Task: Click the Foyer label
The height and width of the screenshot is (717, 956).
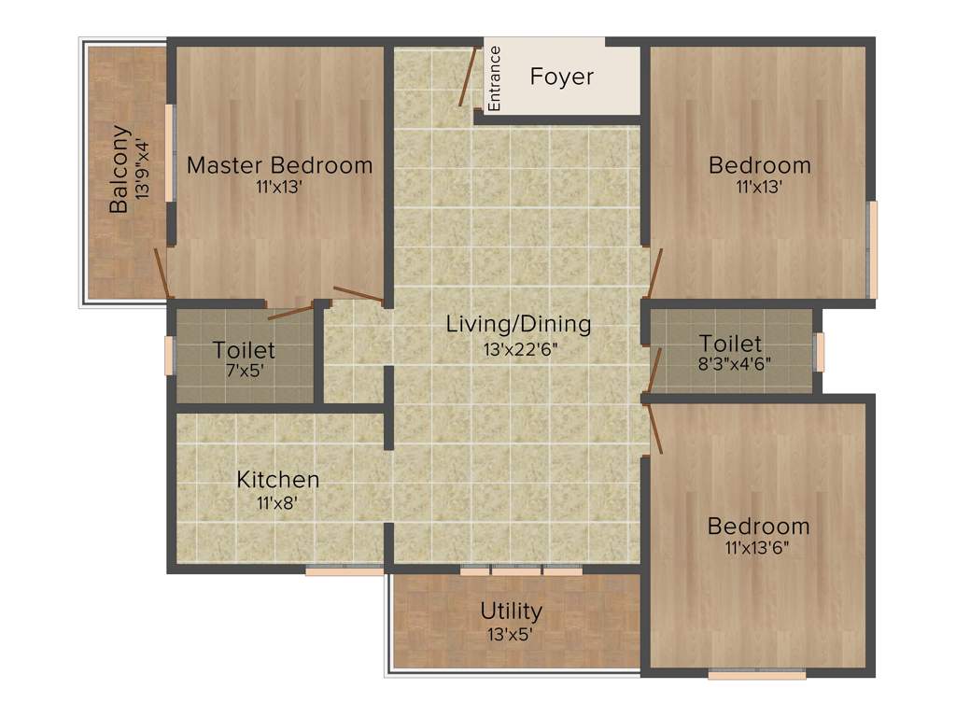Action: (x=561, y=77)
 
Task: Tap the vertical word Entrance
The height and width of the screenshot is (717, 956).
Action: (x=495, y=78)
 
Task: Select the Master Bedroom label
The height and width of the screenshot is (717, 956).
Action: (x=279, y=165)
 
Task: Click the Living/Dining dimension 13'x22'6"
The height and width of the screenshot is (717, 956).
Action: (x=518, y=350)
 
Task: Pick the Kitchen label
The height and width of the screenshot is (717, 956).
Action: (x=277, y=479)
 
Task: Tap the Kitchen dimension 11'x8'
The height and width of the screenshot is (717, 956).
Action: (x=277, y=502)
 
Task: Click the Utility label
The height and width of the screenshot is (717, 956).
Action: (x=511, y=612)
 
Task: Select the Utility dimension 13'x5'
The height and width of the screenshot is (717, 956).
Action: (x=511, y=634)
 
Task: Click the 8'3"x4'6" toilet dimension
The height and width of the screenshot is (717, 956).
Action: (x=730, y=364)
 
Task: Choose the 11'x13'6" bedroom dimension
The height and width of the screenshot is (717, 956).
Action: (x=757, y=548)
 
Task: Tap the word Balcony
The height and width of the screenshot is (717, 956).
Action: (x=119, y=169)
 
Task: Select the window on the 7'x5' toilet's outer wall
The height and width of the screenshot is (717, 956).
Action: (x=170, y=356)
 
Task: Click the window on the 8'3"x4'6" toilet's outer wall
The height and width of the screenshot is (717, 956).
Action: (x=820, y=352)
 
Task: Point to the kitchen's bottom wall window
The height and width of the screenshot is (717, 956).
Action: (x=344, y=570)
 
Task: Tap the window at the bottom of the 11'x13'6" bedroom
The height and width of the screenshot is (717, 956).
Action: (x=756, y=673)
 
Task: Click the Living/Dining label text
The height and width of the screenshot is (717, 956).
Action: (x=518, y=325)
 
